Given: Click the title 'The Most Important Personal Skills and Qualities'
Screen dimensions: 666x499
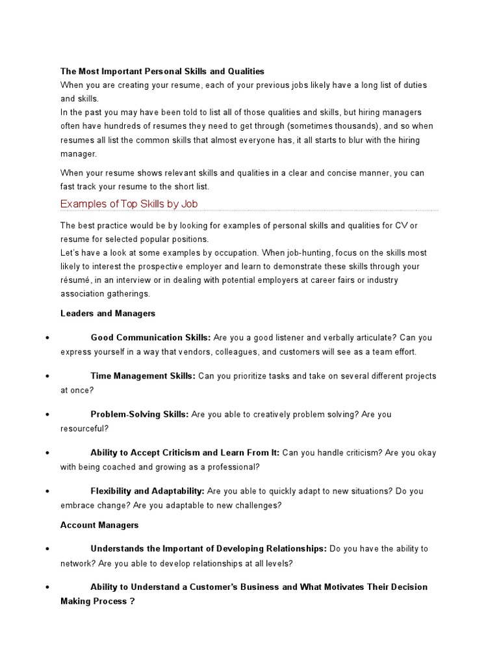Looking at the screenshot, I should pos(162,71).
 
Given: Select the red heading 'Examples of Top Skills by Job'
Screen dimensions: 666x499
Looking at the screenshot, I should pos(129,204).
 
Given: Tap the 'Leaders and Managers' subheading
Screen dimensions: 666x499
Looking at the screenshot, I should pos(108,313).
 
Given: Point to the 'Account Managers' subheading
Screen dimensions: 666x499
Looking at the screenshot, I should pos(99,524).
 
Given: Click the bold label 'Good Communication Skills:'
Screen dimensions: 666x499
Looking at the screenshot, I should pos(151,338).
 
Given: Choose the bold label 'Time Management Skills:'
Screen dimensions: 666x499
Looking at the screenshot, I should pos(143,376).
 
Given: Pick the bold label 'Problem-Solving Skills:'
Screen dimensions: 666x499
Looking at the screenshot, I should pos(140,414).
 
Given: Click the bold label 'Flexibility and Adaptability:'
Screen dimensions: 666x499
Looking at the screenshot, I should pos(147,491).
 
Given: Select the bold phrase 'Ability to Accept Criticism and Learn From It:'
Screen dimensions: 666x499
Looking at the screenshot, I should pos(185,453).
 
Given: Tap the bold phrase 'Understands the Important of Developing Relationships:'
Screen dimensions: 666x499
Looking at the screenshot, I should pos(209,549).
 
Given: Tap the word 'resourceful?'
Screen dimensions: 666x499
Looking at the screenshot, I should pos(84,429).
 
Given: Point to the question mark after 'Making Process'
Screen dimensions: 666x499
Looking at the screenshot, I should pos(132,602).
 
